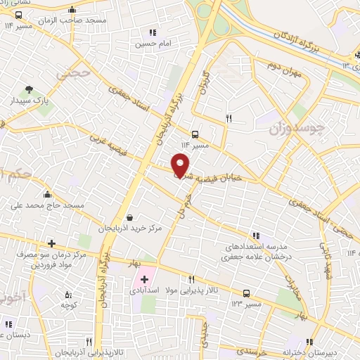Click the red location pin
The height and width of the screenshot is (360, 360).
[181, 165]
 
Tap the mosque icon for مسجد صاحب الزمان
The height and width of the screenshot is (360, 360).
[72, 10]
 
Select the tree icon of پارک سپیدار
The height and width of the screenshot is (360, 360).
[29, 89]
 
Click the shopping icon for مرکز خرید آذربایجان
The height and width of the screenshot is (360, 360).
[132, 217]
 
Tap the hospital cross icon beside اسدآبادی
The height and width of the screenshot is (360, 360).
[144, 280]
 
